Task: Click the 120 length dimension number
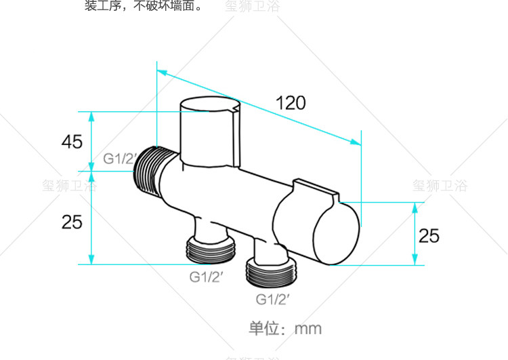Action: [x=291, y=103]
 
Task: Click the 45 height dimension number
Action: [x=72, y=142]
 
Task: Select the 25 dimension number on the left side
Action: [x=72, y=221]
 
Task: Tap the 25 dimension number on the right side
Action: [x=429, y=235]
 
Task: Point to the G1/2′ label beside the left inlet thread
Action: [x=119, y=159]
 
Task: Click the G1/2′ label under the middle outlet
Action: [x=207, y=276]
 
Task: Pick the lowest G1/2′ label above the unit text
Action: [x=273, y=298]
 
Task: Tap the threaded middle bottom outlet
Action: [x=211, y=250]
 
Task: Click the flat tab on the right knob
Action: [x=316, y=190]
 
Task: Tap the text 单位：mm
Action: [x=285, y=329]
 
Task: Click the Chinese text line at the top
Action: [x=143, y=7]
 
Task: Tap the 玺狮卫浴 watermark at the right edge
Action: [x=440, y=185]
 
